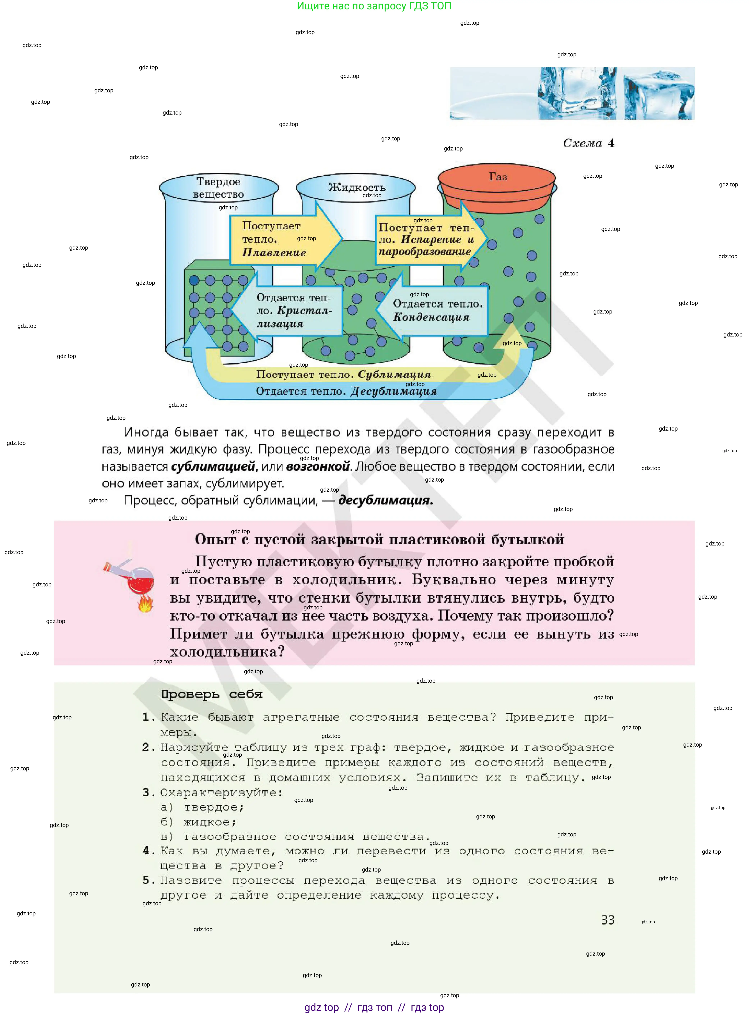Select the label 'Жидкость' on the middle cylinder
coord(356,187)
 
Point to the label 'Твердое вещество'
coord(219,187)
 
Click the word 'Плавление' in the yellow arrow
coord(274,253)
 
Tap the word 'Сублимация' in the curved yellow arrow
coord(394,375)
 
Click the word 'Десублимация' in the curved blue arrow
coord(393,391)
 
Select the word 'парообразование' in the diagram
coord(424,252)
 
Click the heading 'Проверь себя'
coord(212,694)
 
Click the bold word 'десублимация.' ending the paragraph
coord(385,500)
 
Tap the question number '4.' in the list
coord(149,851)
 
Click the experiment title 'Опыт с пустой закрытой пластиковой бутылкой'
coord(379,539)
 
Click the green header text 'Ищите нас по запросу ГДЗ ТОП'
coord(374,6)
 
